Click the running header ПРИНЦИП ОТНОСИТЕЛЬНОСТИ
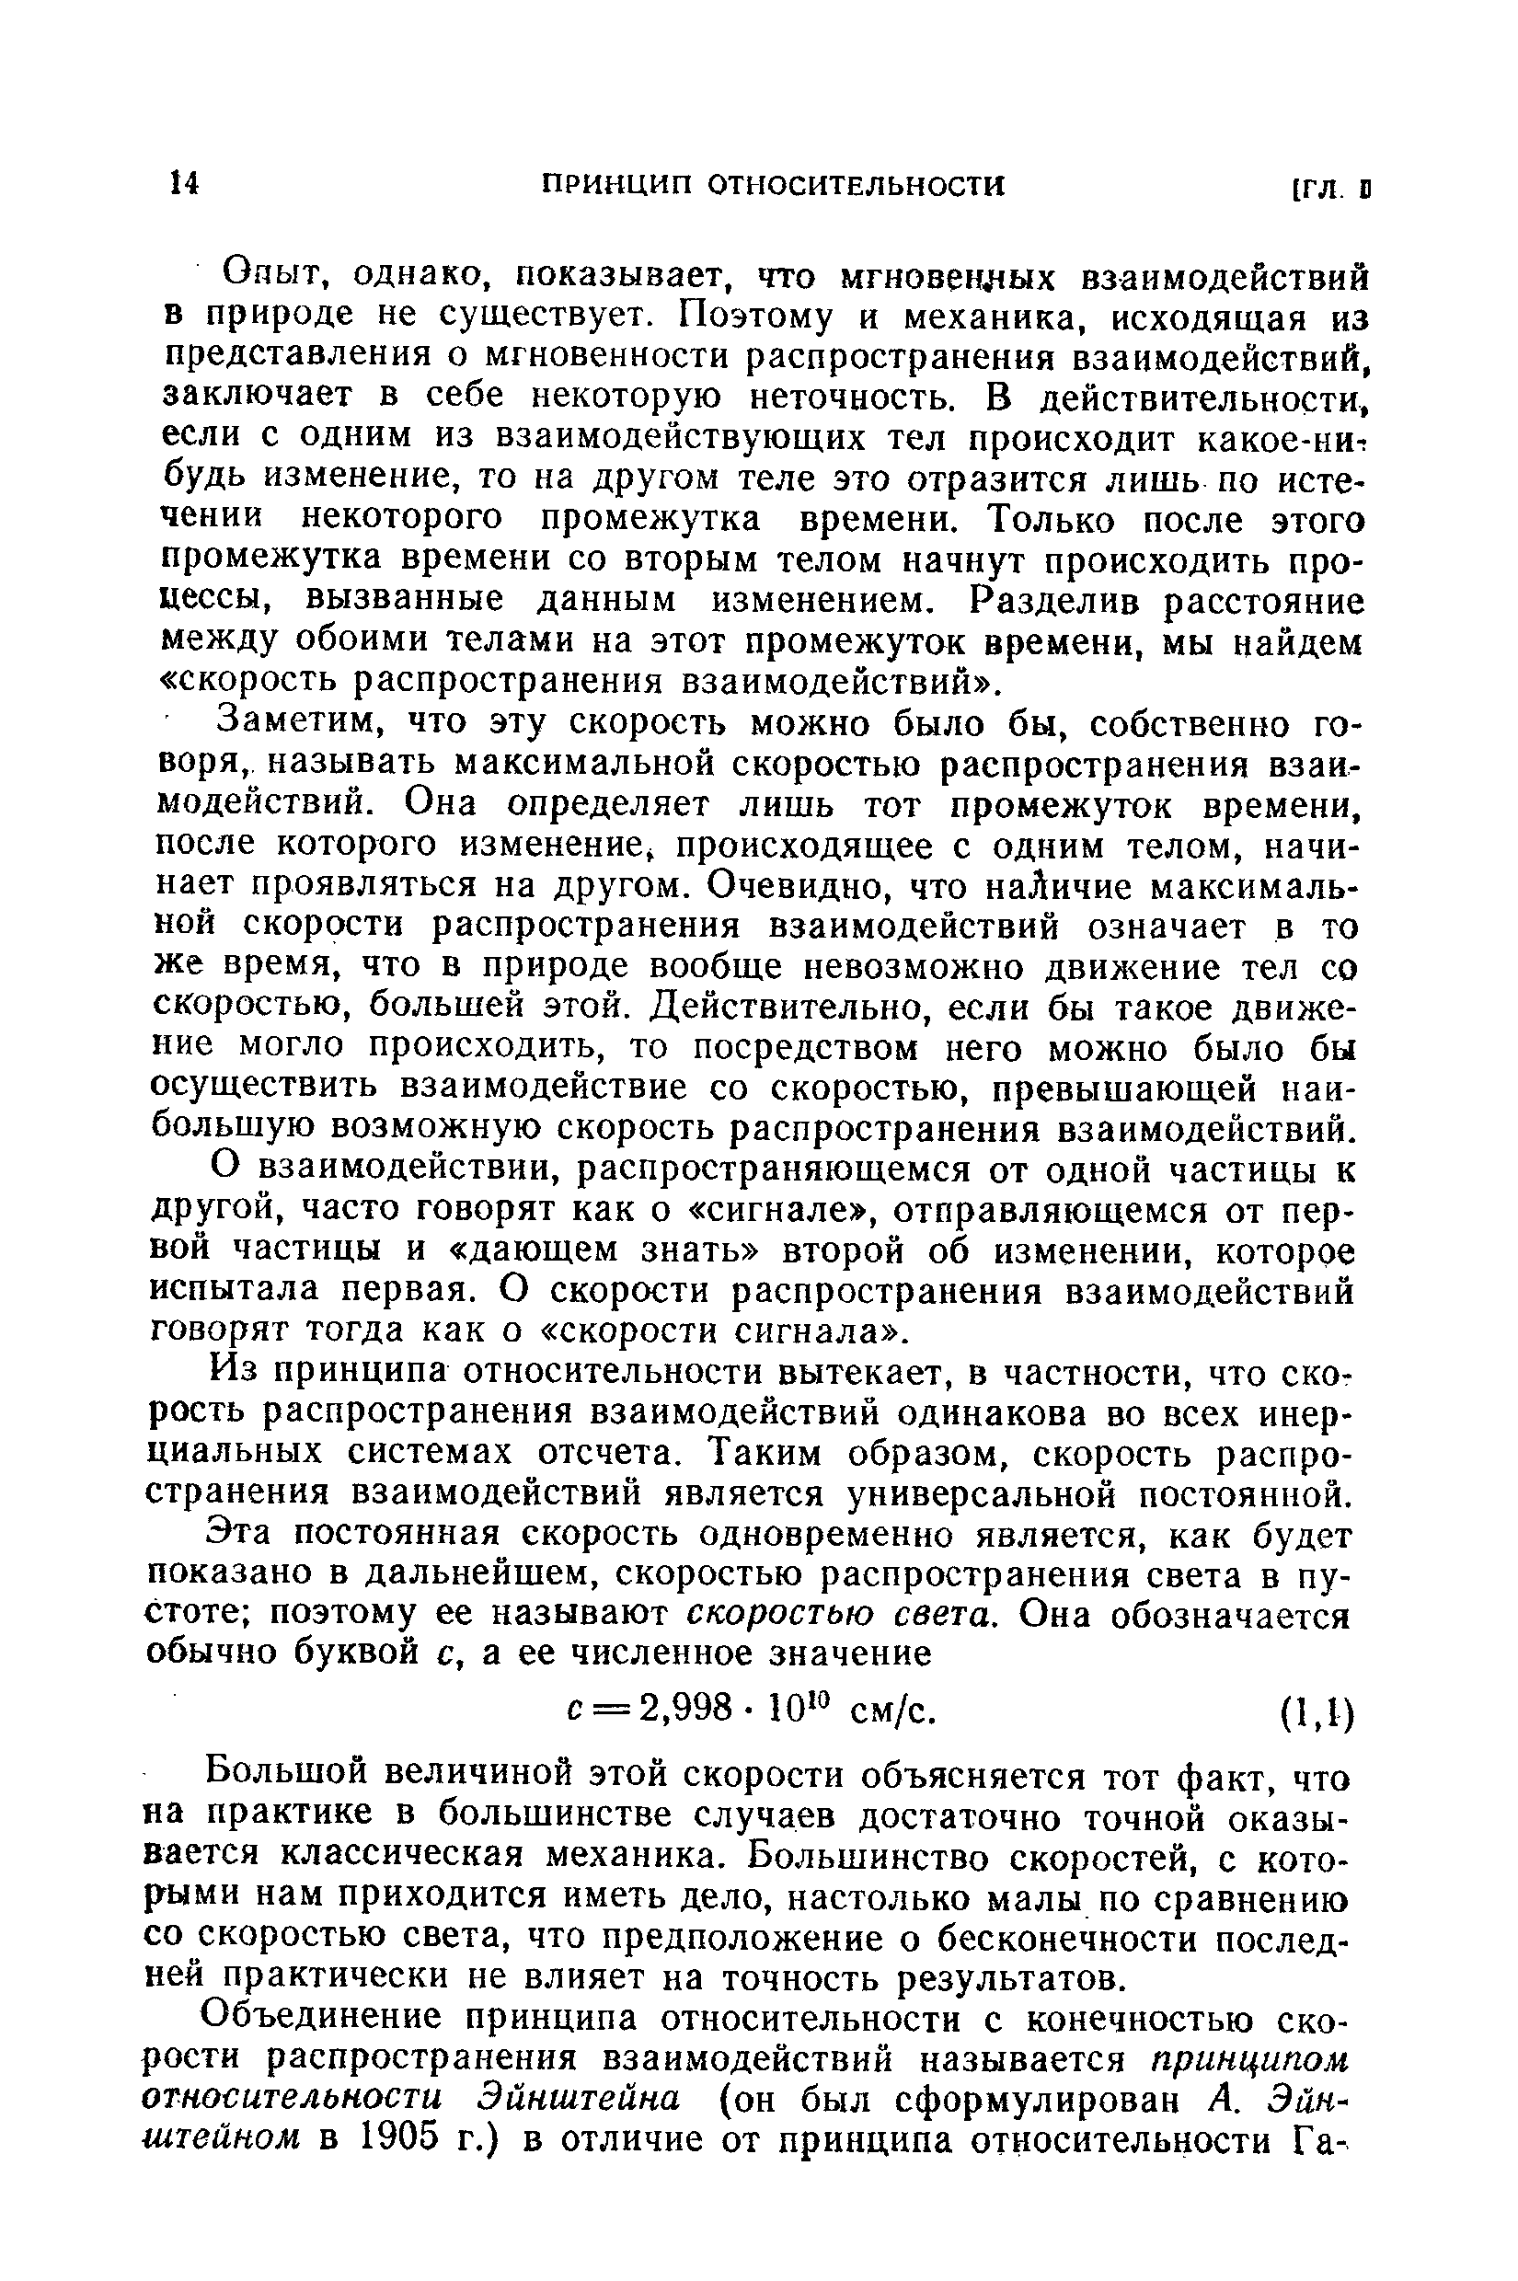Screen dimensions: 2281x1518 (x=772, y=185)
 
